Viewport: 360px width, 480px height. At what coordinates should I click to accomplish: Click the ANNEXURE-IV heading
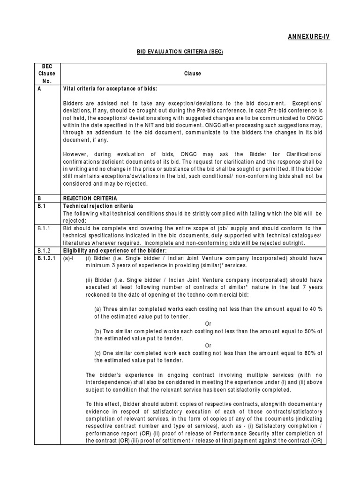tap(309, 37)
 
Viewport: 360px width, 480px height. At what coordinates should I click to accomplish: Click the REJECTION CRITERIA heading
tap(90, 199)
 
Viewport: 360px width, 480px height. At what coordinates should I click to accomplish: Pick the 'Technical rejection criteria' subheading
tap(98, 206)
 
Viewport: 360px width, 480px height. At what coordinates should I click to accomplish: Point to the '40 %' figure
tap(315, 309)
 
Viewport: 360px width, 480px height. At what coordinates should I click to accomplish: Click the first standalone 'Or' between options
tap(209, 324)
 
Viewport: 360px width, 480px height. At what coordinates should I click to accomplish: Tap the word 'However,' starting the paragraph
tap(75, 155)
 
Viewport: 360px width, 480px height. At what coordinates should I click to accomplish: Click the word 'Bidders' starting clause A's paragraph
tap(73, 103)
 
